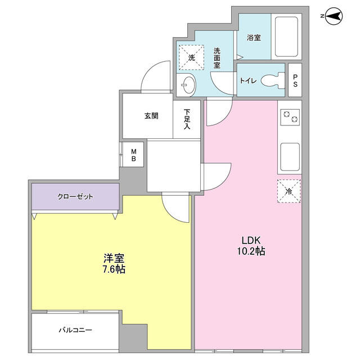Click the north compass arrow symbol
334,16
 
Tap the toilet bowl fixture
273,80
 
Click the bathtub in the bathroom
286,37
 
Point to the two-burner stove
290,117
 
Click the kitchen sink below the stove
290,157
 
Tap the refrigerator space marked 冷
289,191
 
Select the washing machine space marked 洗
191,57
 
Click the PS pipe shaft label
295,80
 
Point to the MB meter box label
134,155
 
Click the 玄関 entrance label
151,116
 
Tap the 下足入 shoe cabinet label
187,119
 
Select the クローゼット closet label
75,196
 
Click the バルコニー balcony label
75,330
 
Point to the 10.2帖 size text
251,251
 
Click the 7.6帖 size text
114,269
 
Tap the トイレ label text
248,81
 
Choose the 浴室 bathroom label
254,38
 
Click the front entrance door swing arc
149,68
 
